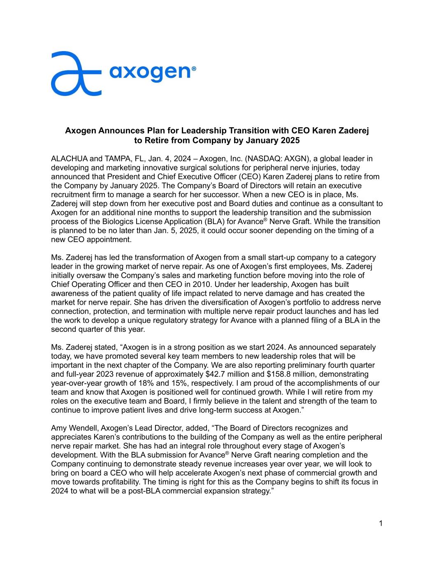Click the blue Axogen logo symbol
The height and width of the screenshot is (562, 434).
point(76,74)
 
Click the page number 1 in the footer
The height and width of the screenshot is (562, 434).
point(381,523)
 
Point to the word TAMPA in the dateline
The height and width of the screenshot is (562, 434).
point(117,159)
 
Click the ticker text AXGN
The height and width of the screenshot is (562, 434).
point(288,159)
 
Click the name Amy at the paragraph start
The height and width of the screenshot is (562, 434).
point(58,428)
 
